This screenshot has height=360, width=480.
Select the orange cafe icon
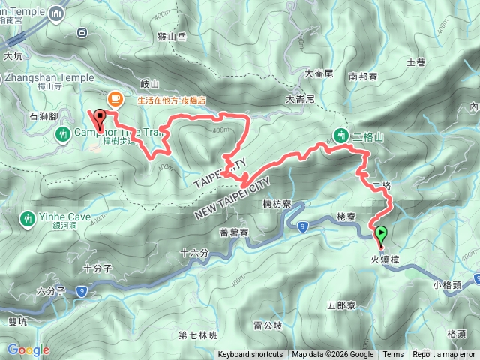tap(114, 97)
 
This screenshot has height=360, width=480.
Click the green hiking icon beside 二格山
tap(342, 136)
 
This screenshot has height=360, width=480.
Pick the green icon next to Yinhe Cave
tap(28, 218)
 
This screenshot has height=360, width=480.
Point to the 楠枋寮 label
tap(277, 204)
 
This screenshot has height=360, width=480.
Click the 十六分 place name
tap(194, 253)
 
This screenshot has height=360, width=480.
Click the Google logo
tap(28, 349)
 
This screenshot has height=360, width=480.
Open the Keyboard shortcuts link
tap(250, 355)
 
